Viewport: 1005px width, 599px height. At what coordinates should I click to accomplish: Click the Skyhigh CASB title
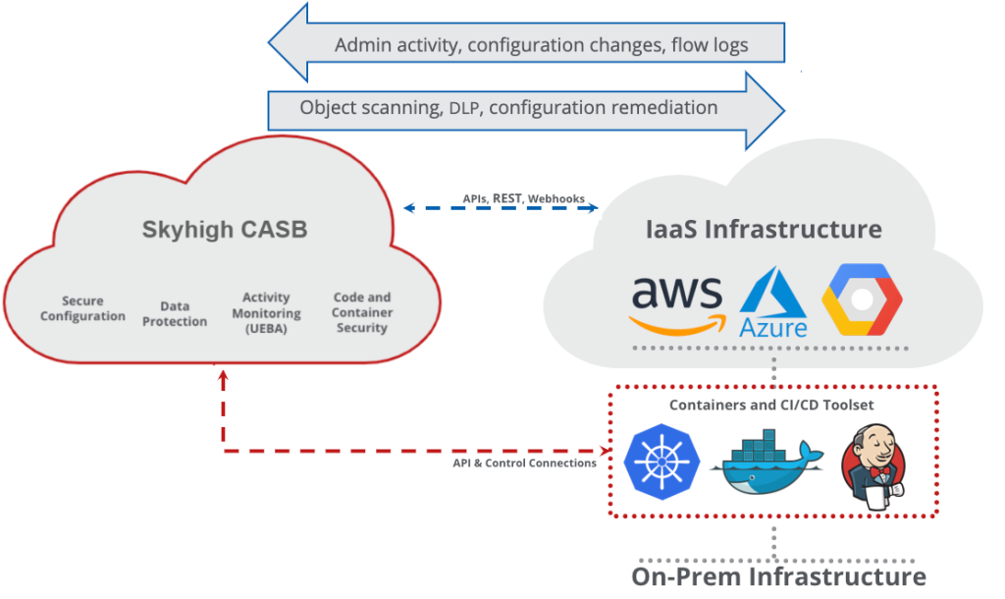pyautogui.click(x=225, y=230)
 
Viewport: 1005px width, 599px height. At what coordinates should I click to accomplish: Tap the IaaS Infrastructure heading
pyautogui.click(x=764, y=230)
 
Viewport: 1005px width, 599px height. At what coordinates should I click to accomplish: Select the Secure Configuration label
pyautogui.click(x=82, y=308)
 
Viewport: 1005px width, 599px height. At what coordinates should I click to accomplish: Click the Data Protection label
pyautogui.click(x=175, y=314)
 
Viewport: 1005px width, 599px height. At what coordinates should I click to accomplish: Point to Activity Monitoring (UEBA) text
pyautogui.click(x=266, y=312)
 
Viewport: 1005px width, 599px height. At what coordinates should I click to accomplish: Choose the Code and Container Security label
pyautogui.click(x=362, y=312)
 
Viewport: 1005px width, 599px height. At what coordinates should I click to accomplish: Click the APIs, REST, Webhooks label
pyautogui.click(x=524, y=198)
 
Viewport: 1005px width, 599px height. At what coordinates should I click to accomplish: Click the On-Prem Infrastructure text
pyautogui.click(x=778, y=575)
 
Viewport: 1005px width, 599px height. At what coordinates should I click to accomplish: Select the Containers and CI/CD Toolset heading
pyautogui.click(x=771, y=405)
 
